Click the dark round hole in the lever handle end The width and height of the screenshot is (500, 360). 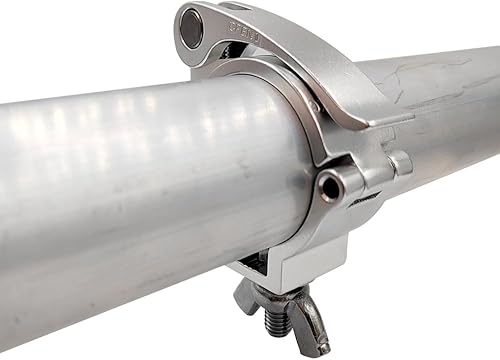click(190, 28)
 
